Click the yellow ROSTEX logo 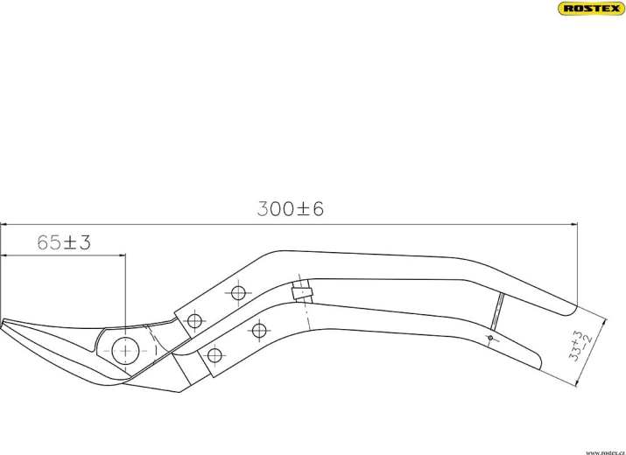click(x=592, y=9)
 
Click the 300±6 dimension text click(x=291, y=209)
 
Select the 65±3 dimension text click(x=64, y=242)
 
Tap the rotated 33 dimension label click(x=580, y=346)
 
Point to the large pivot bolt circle click(x=125, y=351)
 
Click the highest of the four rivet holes click(x=238, y=293)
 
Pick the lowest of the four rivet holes click(x=215, y=355)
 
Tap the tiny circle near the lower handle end click(x=490, y=338)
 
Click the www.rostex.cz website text click(x=605, y=452)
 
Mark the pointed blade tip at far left click(x=2, y=323)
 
